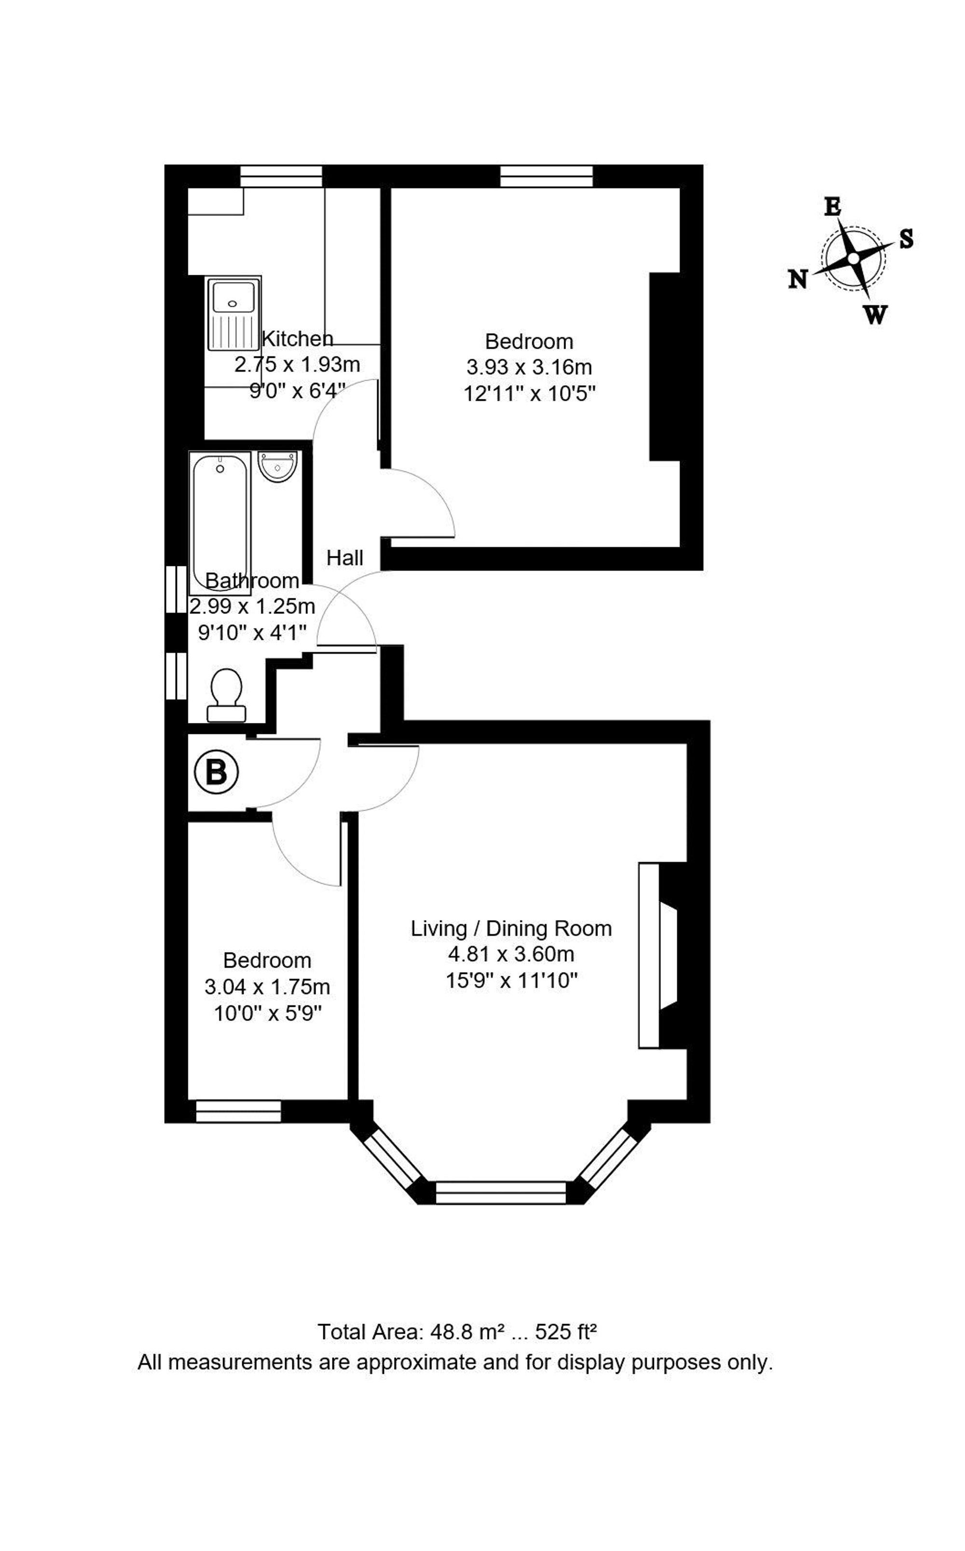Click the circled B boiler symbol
216,772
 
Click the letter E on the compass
832,207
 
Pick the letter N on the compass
798,279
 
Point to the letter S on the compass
906,239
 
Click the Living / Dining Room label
511,928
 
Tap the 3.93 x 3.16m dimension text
529,367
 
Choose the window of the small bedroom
238,1111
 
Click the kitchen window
281,176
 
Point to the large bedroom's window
546,176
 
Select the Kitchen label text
297,338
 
